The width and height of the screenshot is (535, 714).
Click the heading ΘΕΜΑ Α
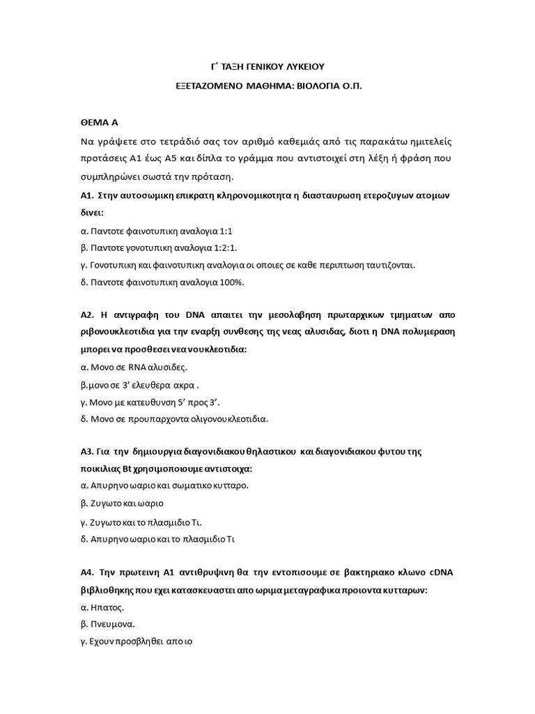click(100, 121)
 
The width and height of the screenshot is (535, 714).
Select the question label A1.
click(87, 196)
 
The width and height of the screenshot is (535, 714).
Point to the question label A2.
click(88, 314)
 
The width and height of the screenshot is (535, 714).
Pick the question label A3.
click(87, 452)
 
